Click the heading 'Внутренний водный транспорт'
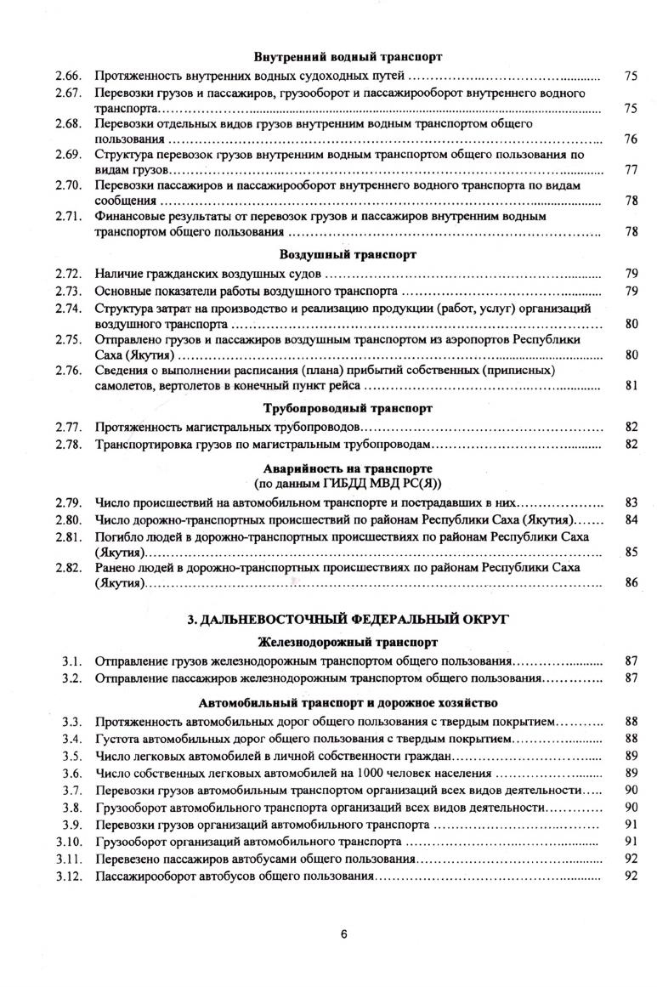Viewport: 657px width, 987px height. (348, 58)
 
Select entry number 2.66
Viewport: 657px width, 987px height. (68, 76)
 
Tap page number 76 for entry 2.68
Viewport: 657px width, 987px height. (631, 139)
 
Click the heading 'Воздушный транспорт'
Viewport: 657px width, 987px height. (348, 254)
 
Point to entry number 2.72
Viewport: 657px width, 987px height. (68, 273)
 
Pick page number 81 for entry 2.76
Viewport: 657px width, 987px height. (631, 385)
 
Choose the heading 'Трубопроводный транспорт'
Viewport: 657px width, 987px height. (348, 408)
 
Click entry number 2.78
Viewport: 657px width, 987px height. (68, 444)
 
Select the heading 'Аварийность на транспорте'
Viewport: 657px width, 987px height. (348, 468)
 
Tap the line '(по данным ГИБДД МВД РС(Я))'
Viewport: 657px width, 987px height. (348, 483)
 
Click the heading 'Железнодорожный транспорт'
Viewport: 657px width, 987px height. (348, 642)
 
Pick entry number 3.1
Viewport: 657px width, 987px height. (71, 661)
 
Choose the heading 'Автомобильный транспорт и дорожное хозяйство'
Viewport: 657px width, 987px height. (348, 703)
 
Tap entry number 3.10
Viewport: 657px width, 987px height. (68, 842)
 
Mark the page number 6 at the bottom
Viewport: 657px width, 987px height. (344, 934)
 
